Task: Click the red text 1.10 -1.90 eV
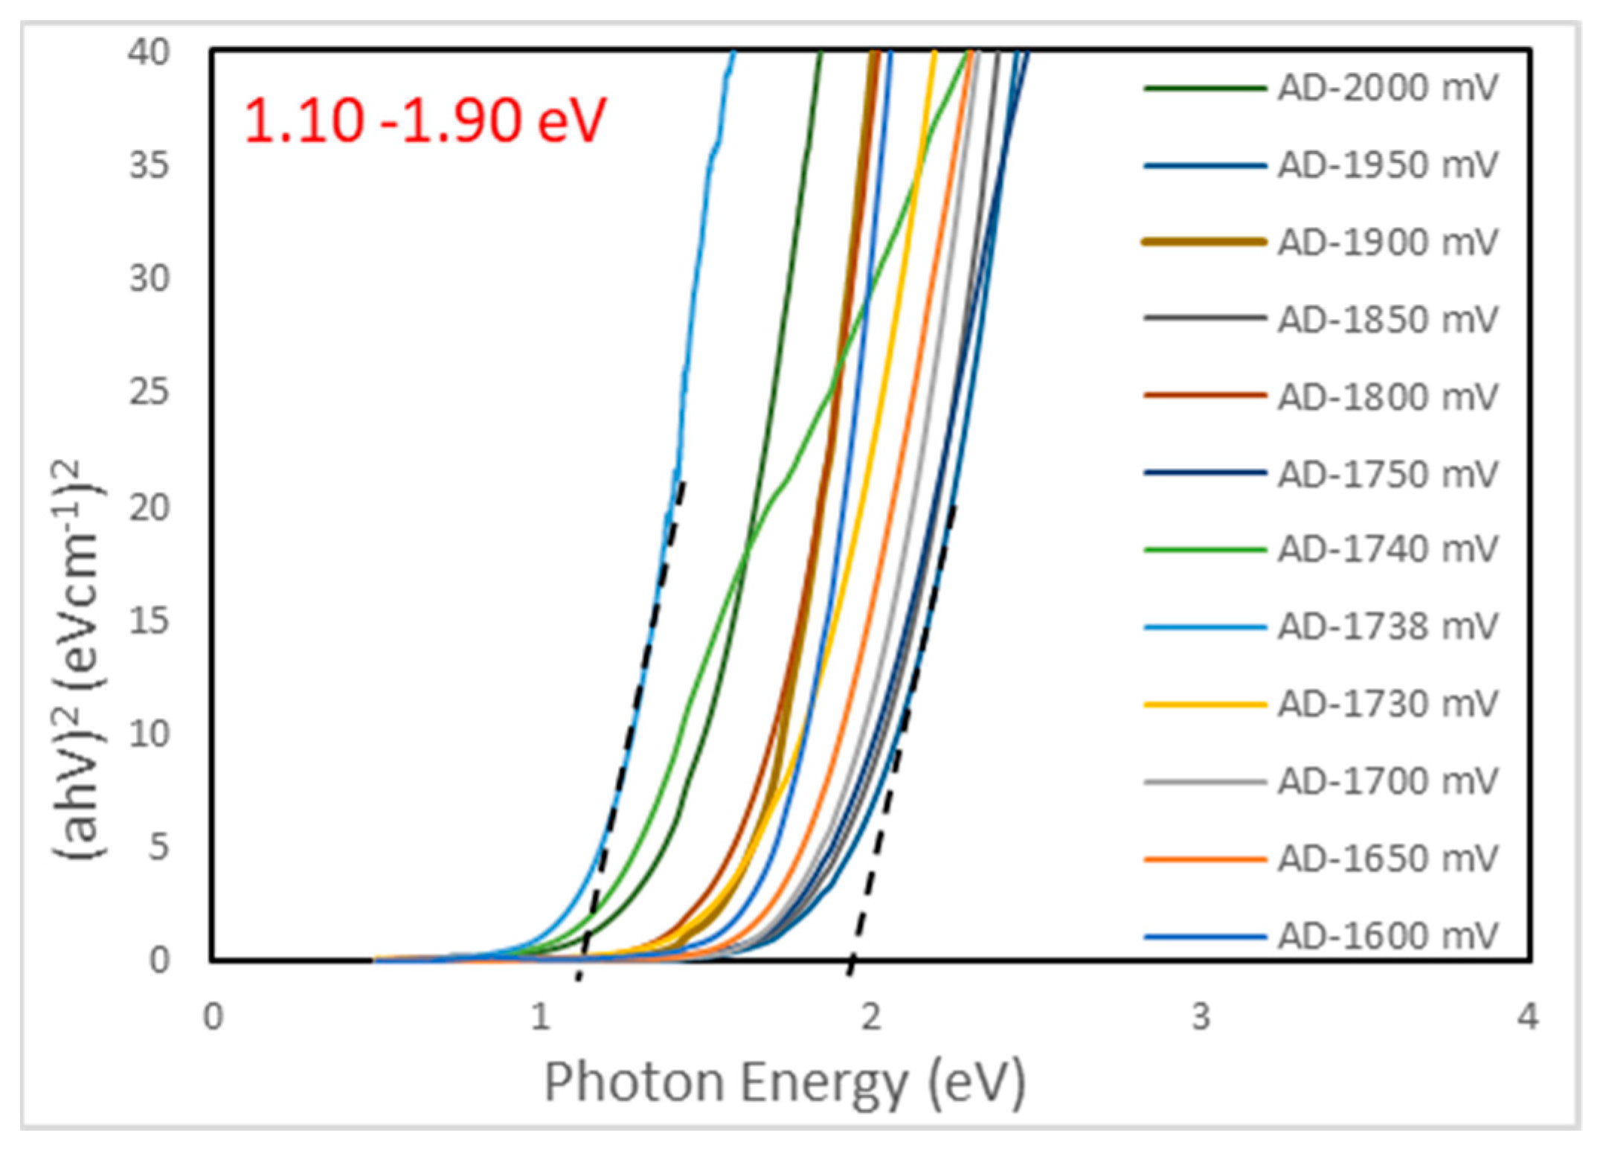click(x=424, y=121)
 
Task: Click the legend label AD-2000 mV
click(x=1387, y=89)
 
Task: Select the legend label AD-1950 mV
click(x=1387, y=165)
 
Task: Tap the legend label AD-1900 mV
click(x=1387, y=243)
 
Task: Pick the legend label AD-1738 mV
click(x=1387, y=626)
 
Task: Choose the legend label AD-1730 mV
click(x=1387, y=704)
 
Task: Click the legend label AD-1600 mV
click(x=1387, y=936)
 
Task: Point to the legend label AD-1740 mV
click(x=1387, y=550)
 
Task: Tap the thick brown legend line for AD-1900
click(x=1204, y=242)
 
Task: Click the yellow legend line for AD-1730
click(x=1204, y=704)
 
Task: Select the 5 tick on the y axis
click(x=158, y=847)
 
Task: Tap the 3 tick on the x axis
click(x=1201, y=1017)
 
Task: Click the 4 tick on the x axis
click(x=1528, y=1017)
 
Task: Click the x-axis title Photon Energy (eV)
click(x=785, y=1082)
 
